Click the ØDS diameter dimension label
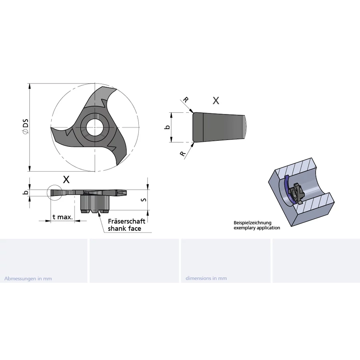click(x=25, y=126)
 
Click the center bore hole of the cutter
click(x=94, y=127)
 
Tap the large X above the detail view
click(x=216, y=100)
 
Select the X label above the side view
click(x=66, y=180)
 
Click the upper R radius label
click(x=186, y=100)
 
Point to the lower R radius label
click(x=183, y=154)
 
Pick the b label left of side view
click(x=26, y=192)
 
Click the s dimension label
click(x=144, y=200)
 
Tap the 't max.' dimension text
click(x=62, y=217)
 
